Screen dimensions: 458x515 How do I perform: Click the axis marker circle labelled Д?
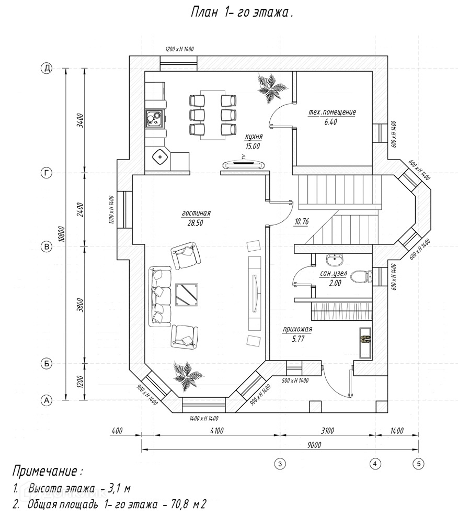[47, 69]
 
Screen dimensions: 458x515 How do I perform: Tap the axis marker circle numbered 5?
[418, 463]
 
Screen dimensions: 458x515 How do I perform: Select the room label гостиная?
[196, 213]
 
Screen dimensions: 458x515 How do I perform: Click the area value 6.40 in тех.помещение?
[330, 122]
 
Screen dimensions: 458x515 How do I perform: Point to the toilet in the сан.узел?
[361, 276]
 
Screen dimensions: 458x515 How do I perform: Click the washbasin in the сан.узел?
[335, 260]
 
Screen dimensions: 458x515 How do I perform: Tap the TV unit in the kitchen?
[243, 164]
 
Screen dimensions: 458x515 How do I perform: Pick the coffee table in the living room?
[187, 295]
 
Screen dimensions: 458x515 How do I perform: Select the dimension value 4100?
[216, 431]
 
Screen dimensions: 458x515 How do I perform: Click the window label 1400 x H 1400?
[204, 419]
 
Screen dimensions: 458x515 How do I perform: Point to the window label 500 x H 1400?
[295, 380]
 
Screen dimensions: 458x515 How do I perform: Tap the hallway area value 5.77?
[298, 339]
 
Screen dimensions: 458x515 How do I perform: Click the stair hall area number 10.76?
[302, 222]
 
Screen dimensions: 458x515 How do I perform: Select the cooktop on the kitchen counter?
[154, 118]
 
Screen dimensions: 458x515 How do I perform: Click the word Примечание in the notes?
[45, 472]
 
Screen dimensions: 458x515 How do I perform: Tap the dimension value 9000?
[314, 445]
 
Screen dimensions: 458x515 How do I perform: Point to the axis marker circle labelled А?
[47, 400]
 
